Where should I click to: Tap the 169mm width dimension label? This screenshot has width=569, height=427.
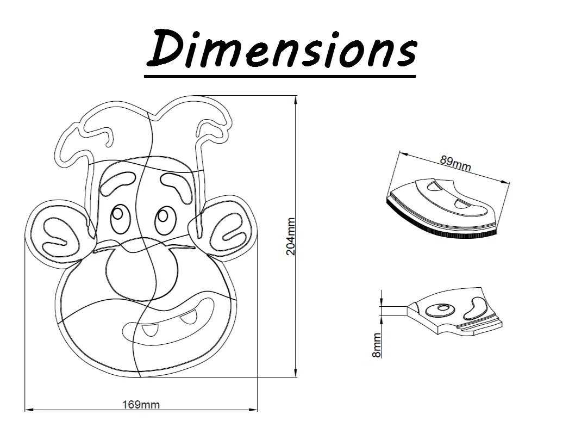click(141, 404)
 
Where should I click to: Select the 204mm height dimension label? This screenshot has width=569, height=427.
click(291, 237)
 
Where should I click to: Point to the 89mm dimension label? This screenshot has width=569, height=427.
click(455, 163)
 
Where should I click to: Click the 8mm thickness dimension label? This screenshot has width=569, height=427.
click(377, 345)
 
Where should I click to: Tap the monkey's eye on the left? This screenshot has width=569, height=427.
click(120, 219)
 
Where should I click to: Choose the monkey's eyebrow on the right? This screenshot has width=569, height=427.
click(178, 184)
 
